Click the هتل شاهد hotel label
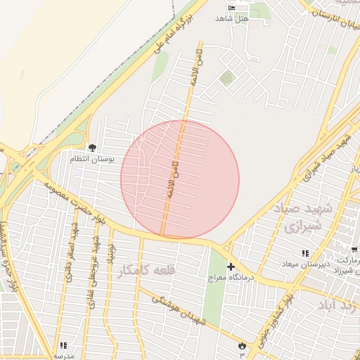232,19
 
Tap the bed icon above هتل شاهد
233,8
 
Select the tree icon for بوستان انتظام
92,147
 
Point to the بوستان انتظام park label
91,159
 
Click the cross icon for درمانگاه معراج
231,267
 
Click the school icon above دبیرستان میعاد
305,253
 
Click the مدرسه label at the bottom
64,356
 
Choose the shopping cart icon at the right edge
354,250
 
